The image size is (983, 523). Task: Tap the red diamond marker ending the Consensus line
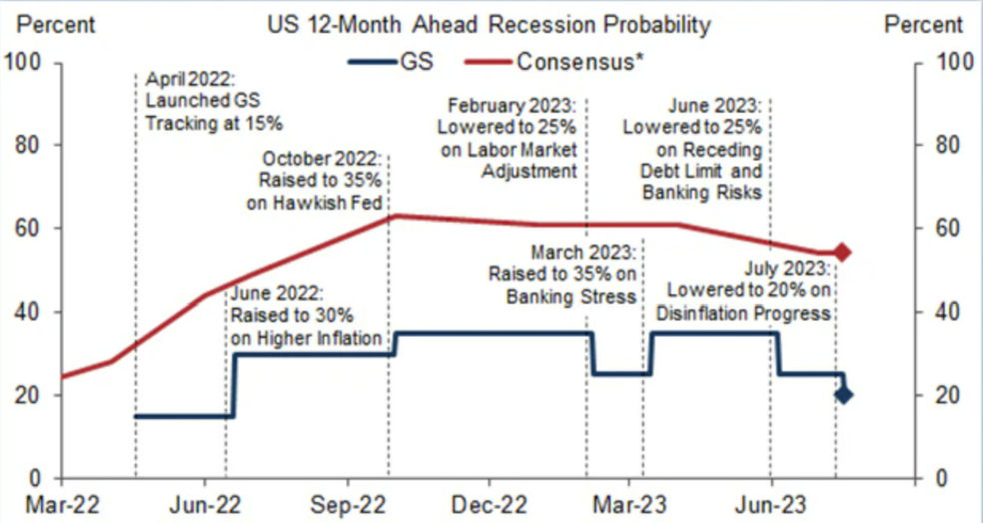point(841,253)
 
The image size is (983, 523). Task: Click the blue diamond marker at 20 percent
point(843,394)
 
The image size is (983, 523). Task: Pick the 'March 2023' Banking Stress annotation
point(561,271)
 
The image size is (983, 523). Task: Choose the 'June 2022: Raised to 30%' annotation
point(306,316)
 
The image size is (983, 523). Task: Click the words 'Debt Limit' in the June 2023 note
point(686,171)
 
